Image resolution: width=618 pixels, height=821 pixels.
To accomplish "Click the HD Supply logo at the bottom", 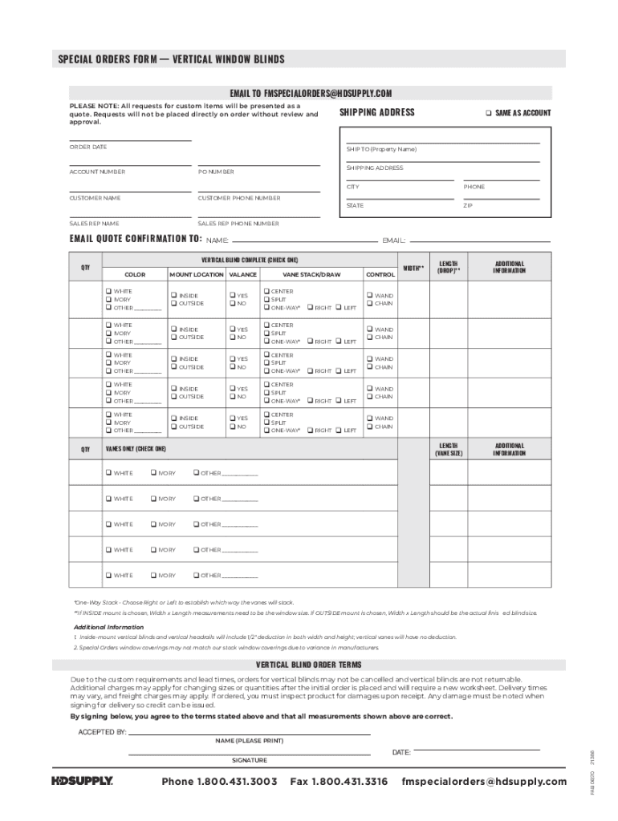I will (82, 781).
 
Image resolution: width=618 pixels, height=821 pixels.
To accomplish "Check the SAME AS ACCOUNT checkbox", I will (488, 113).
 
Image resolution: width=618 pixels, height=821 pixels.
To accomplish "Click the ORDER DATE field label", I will (87, 147).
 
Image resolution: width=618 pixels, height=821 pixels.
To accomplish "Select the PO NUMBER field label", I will (216, 172).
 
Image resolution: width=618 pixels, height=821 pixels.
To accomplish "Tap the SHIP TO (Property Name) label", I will (381, 149).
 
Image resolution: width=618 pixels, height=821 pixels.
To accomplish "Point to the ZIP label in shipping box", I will (468, 205).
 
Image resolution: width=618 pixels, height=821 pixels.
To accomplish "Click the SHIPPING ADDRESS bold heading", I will (376, 112).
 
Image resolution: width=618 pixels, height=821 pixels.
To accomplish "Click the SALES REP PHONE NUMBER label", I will (238, 224).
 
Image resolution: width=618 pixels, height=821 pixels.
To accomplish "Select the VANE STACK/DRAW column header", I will (311, 274).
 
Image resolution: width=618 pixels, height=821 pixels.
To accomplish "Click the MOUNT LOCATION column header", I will (196, 274).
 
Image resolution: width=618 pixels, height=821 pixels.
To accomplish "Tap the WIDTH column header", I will (413, 268).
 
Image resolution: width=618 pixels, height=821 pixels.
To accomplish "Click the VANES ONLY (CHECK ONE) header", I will (136, 449).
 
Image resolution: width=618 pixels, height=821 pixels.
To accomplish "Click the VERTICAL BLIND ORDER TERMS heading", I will (308, 665).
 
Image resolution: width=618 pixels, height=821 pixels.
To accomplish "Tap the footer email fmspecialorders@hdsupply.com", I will (483, 782).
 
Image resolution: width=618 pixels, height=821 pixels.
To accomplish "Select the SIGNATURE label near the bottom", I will (250, 759).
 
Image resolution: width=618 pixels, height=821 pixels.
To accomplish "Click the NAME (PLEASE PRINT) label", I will (250, 740).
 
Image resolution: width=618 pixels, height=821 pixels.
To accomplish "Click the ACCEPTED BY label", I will (102, 732).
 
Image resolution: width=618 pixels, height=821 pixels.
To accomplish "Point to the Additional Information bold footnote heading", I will (108, 627).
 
